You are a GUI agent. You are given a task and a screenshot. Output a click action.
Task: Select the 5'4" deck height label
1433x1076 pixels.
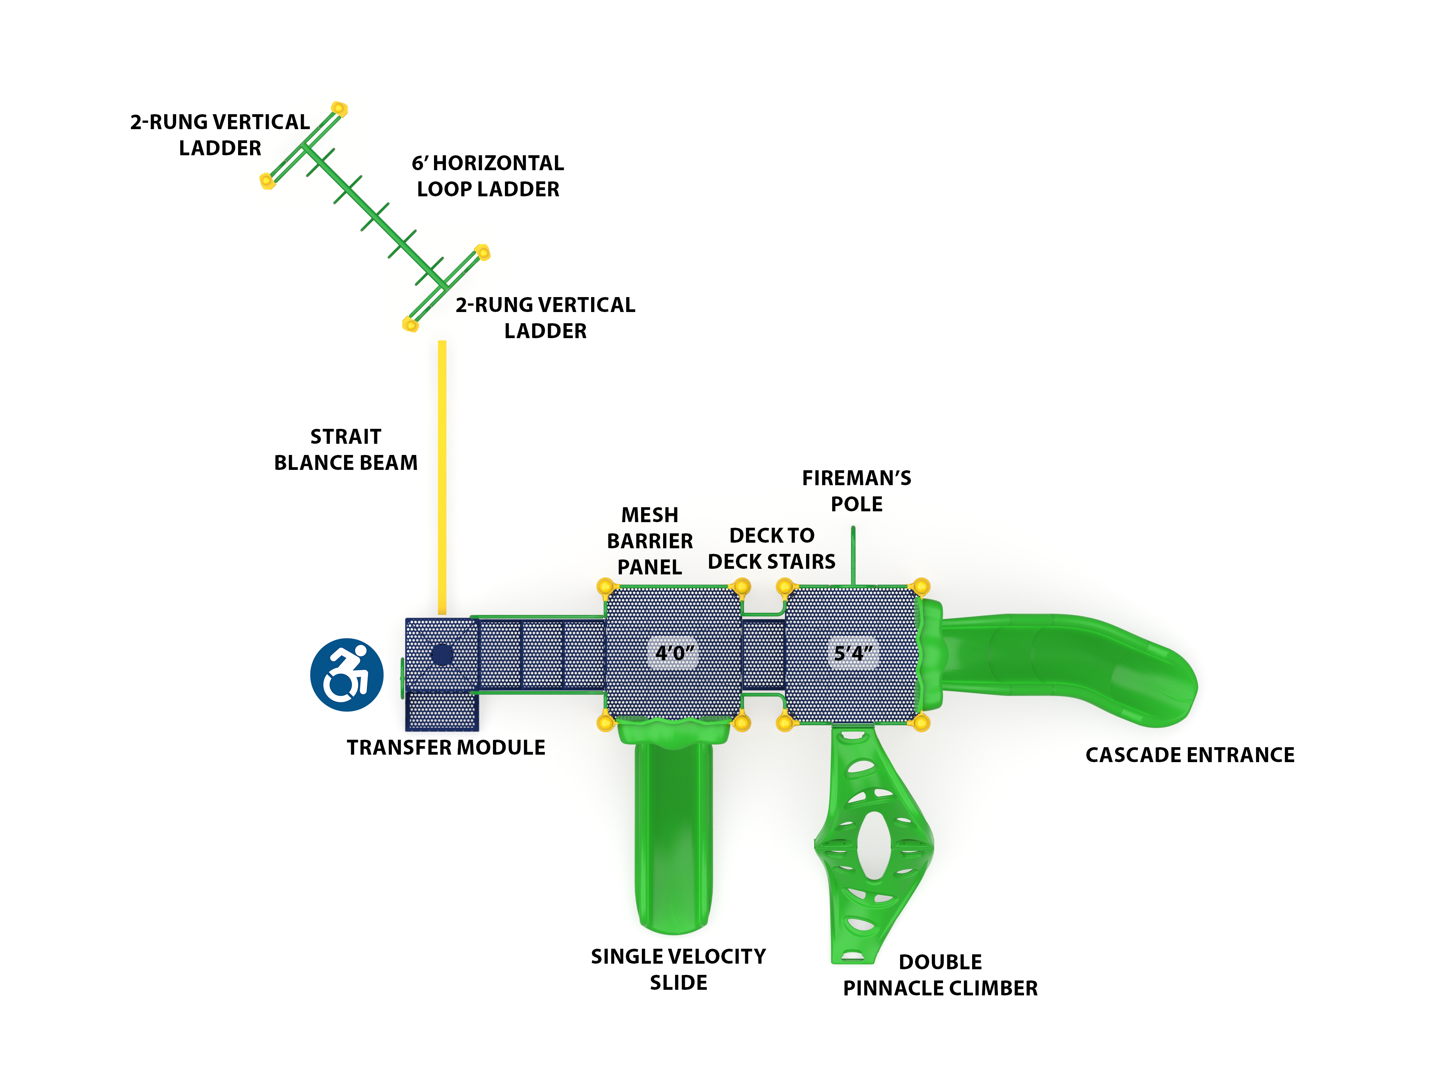pos(853,653)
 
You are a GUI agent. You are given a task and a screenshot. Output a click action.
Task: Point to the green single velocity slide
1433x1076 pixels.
pos(674,836)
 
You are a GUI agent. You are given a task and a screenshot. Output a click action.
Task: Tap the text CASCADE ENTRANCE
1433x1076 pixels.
pos(1189,755)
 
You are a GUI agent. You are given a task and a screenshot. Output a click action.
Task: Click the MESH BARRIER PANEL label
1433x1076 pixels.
pos(650,540)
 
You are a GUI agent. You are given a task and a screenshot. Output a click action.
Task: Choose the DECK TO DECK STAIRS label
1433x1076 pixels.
pos(772,548)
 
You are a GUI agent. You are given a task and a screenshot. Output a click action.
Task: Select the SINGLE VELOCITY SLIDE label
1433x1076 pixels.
pos(678,969)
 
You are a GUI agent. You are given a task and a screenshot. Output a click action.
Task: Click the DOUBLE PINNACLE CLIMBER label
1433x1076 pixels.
pos(940,975)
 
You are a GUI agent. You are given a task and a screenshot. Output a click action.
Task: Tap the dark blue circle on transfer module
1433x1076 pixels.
pos(442,654)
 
